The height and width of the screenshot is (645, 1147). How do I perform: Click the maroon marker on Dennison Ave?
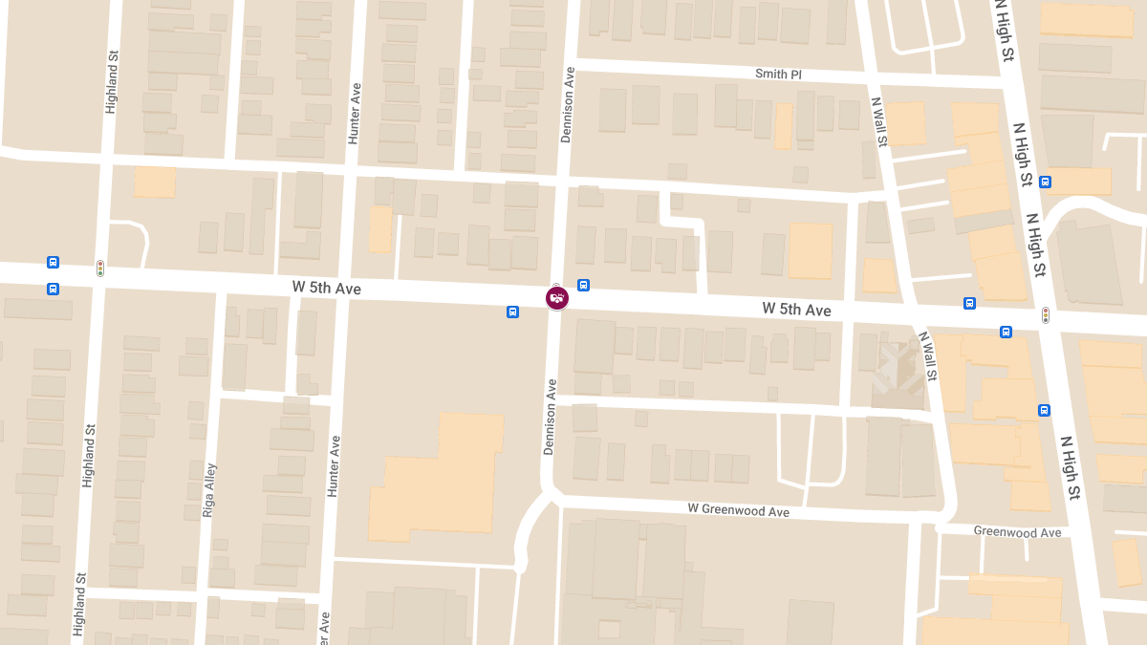coord(557,298)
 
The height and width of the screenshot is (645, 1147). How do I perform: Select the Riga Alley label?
coord(209,490)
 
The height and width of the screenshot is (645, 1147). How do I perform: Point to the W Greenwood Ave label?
coord(739,510)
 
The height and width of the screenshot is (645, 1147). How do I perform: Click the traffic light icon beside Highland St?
coord(100,269)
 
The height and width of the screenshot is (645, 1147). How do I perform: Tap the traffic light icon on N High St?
coord(1046,314)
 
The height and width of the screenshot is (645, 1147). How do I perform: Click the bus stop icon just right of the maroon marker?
coord(583,286)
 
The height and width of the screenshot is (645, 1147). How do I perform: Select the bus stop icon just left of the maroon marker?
coord(513,312)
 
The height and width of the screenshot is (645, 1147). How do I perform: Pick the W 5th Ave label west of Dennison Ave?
coord(327,288)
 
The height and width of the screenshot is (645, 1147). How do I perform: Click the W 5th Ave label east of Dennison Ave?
coord(796,310)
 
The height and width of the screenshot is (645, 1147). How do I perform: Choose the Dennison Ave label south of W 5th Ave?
coord(551,417)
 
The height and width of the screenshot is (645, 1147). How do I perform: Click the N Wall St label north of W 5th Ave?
coord(878,120)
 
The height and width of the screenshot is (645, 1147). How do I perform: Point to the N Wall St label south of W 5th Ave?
coord(928,355)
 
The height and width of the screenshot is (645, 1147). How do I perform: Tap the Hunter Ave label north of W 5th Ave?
coord(355,114)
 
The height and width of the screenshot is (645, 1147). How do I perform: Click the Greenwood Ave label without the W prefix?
coord(1017,531)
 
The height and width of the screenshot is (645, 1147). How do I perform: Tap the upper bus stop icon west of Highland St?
coord(53,263)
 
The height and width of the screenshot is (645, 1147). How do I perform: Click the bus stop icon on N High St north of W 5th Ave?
coord(1046,182)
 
